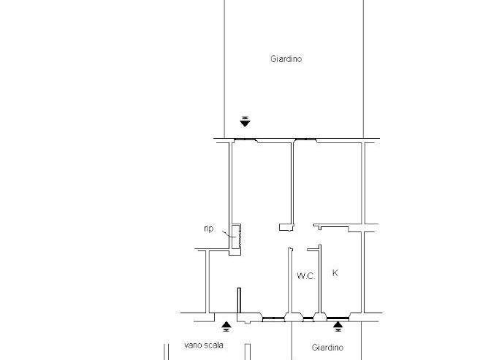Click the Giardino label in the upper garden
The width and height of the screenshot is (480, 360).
click(x=286, y=59)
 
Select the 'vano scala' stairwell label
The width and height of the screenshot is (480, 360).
click(x=205, y=346)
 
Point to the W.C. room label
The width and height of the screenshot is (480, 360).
click(x=305, y=276)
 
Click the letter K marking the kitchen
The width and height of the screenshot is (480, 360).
click(x=335, y=273)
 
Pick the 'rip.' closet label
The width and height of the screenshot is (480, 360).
click(x=209, y=229)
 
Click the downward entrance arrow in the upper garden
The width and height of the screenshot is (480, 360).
click(x=245, y=122)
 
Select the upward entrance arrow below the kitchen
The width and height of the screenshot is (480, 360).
click(x=338, y=325)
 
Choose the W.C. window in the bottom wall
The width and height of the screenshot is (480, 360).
click(x=306, y=317)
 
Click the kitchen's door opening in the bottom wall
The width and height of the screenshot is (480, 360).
click(x=338, y=317)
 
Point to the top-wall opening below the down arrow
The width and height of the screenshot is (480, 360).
click(x=245, y=139)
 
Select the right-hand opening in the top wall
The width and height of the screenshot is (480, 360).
click(x=305, y=139)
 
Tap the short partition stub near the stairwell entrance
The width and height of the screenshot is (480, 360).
click(x=239, y=302)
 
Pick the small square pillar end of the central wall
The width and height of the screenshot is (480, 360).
click(x=284, y=229)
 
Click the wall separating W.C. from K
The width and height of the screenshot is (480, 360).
click(x=320, y=281)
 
